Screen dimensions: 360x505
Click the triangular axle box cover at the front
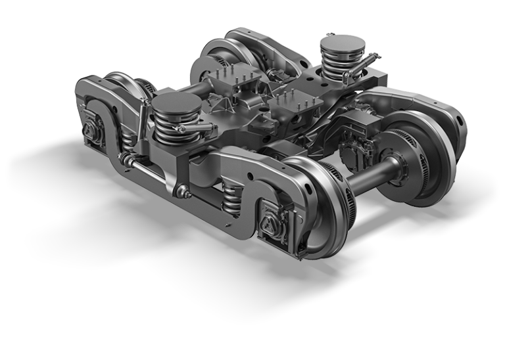coord(270,222)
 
